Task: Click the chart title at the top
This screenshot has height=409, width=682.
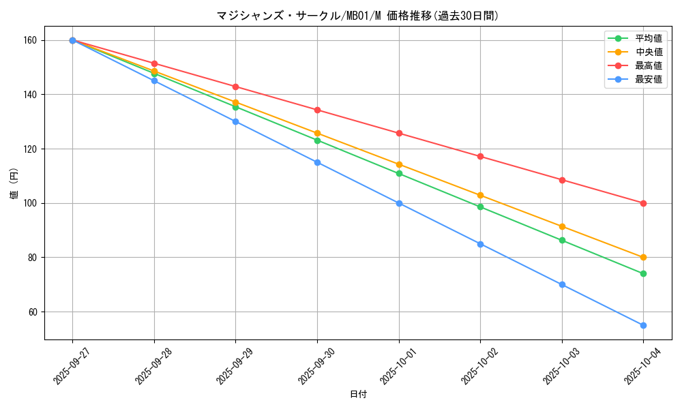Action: (x=358, y=16)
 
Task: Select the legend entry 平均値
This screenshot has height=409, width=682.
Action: (x=649, y=38)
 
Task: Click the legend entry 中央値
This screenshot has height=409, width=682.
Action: (x=649, y=52)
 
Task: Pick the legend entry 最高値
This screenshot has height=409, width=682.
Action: (x=649, y=65)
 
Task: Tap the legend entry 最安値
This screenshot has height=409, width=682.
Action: (x=649, y=79)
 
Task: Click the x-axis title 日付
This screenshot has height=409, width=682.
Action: (x=358, y=395)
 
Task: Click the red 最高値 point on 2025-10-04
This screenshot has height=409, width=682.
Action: (x=643, y=203)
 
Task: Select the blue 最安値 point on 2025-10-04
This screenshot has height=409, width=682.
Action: (x=643, y=325)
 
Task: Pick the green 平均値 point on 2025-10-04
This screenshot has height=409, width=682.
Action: (x=643, y=273)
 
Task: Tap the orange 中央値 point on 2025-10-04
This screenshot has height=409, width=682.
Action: (x=643, y=258)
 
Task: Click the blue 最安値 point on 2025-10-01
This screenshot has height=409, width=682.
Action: (x=399, y=203)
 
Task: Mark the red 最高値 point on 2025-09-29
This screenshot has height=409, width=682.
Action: (x=235, y=87)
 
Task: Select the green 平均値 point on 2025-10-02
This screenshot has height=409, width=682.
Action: (x=480, y=207)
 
